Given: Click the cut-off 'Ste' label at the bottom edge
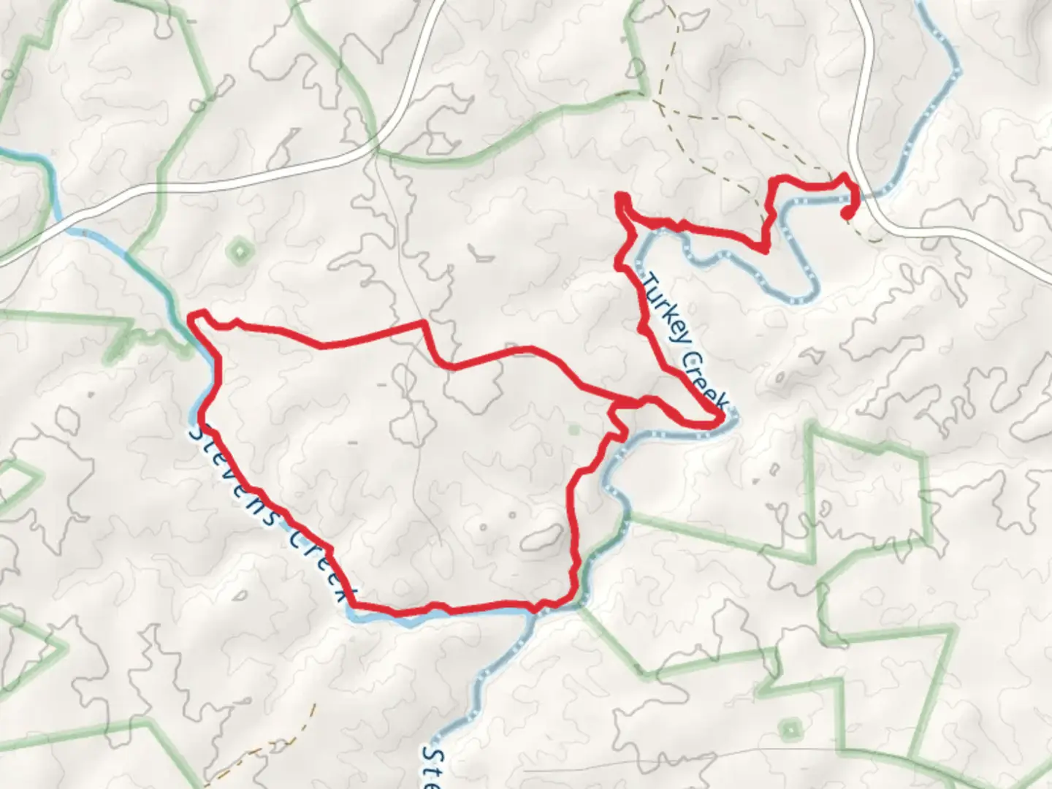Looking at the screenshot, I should tap(432, 767).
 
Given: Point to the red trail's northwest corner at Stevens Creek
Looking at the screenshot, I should tap(194, 316).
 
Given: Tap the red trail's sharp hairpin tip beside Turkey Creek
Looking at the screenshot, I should tap(720, 419).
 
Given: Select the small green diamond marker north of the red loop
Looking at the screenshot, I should tap(239, 252).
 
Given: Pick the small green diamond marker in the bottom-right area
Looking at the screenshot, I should tap(790, 730).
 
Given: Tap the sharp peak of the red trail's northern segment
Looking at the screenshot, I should tap(422, 322).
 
